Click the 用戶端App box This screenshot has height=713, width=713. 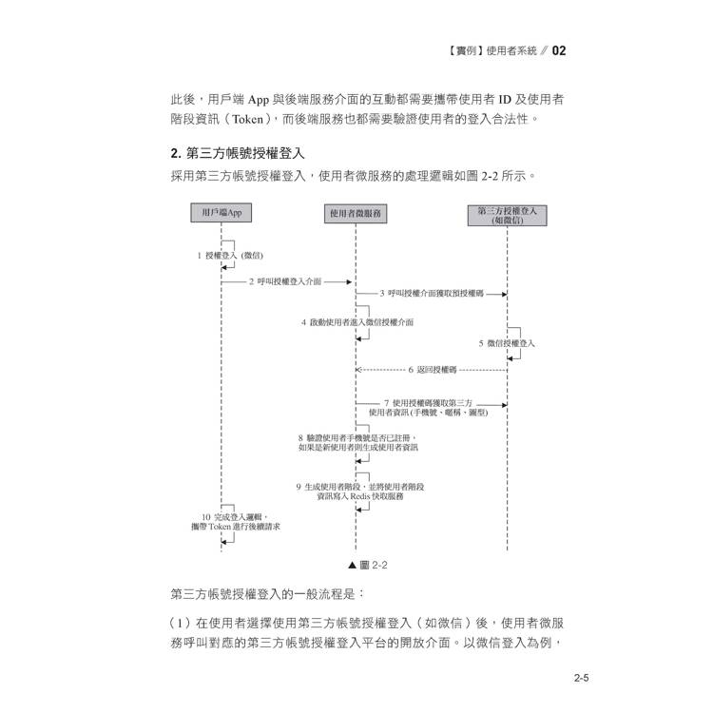(221, 213)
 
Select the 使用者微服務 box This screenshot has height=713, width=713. (356, 214)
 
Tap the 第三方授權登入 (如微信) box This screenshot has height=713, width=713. (507, 215)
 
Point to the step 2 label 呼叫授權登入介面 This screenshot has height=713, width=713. (285, 282)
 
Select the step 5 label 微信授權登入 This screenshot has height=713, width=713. (507, 343)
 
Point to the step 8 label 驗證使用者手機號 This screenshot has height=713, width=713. (356, 442)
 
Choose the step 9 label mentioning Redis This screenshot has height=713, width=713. (359, 491)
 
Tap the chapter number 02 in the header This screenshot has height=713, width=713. (559, 50)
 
